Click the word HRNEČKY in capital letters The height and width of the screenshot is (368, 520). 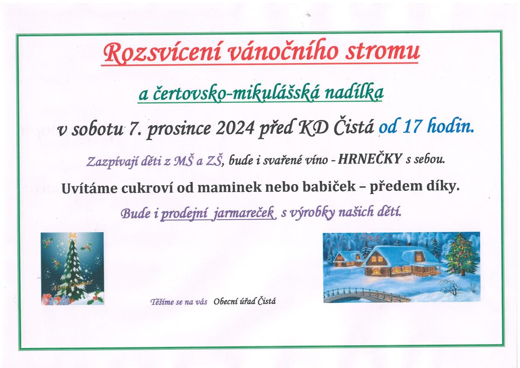pos(370,159)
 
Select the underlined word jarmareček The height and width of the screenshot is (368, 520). pos(244,213)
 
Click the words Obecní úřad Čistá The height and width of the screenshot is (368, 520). pos(245,301)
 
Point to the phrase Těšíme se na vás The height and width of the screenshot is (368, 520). pos(179,302)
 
